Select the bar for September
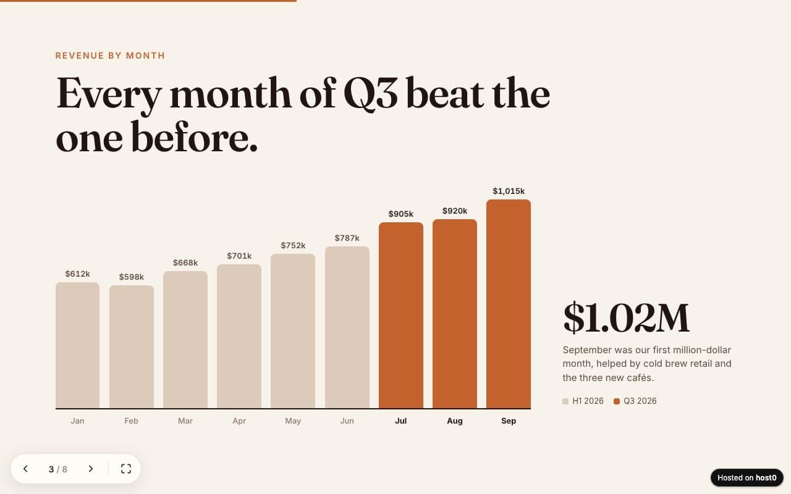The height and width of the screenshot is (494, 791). [508, 304]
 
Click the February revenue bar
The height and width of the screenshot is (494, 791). [132, 347]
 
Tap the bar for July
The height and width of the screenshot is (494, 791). [401, 315]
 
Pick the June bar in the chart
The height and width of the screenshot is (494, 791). [347, 327]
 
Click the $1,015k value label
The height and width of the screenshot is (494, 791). [509, 191]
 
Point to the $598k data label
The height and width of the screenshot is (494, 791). [132, 277]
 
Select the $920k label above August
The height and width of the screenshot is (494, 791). [455, 211]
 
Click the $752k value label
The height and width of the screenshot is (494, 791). [293, 246]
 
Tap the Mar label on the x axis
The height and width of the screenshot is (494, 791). [185, 421]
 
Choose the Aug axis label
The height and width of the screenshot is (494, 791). [455, 421]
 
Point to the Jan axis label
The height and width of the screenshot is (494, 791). [77, 421]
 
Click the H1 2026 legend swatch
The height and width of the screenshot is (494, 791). [565, 401]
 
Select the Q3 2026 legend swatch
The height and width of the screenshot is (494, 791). [617, 401]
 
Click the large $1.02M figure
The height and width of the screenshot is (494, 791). [626, 317]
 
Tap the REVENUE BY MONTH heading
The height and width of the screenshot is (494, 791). [110, 56]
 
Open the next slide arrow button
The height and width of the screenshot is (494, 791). [91, 469]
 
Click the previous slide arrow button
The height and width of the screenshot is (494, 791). [25, 469]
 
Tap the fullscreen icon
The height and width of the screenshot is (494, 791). [126, 469]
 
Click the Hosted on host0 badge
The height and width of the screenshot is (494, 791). [747, 478]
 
